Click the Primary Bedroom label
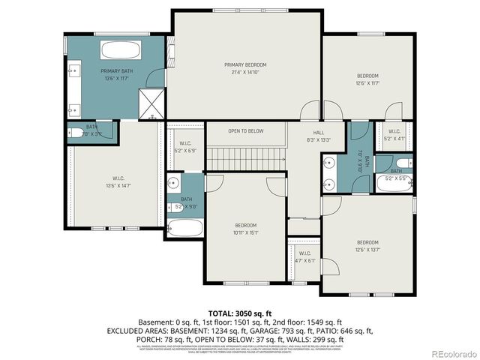click(x=245, y=65)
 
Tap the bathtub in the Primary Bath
click(x=121, y=51)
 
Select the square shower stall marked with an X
click(x=152, y=103)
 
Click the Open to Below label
click(x=246, y=131)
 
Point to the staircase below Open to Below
click(x=246, y=158)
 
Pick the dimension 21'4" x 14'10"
click(x=245, y=72)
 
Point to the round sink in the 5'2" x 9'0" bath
click(x=173, y=181)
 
